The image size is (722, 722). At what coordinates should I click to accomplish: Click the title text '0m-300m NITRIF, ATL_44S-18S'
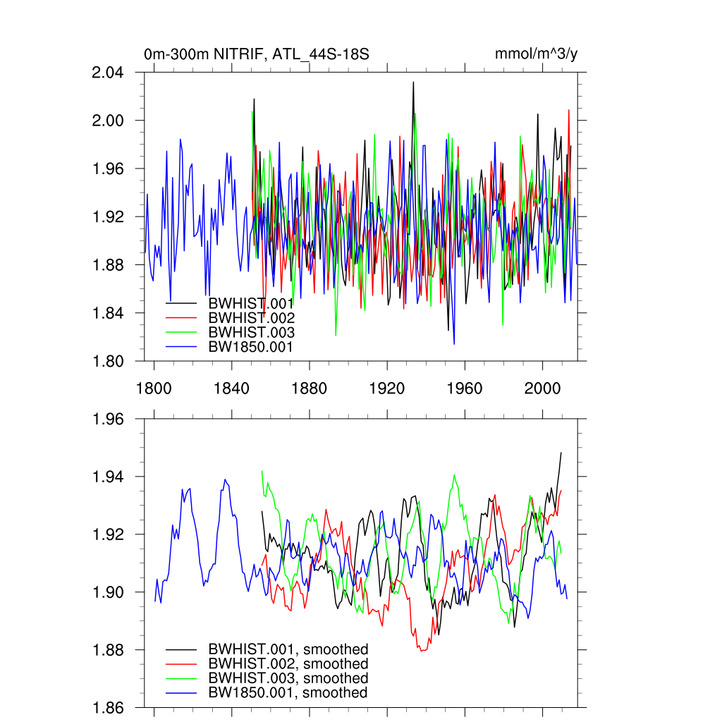pyautogui.click(x=257, y=54)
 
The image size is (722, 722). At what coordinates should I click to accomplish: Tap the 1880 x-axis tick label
pyautogui.click(x=309, y=388)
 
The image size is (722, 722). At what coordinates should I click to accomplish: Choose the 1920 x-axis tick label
pyautogui.click(x=387, y=388)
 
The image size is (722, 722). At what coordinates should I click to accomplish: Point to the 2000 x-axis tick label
pyautogui.click(x=542, y=388)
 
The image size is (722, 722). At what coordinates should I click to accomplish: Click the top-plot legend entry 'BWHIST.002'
pyautogui.click(x=251, y=317)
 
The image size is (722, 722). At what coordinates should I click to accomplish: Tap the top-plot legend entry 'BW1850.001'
pyautogui.click(x=251, y=346)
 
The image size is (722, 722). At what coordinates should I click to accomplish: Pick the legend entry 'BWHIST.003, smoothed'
pyautogui.click(x=288, y=678)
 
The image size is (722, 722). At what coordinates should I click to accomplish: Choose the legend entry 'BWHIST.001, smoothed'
pyautogui.click(x=288, y=649)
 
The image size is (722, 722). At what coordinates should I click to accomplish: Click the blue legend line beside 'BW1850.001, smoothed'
pyautogui.click(x=181, y=693)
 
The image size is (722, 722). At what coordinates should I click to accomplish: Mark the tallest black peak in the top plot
pyautogui.click(x=413, y=82)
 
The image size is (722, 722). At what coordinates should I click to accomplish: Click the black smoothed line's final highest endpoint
pyautogui.click(x=561, y=453)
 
